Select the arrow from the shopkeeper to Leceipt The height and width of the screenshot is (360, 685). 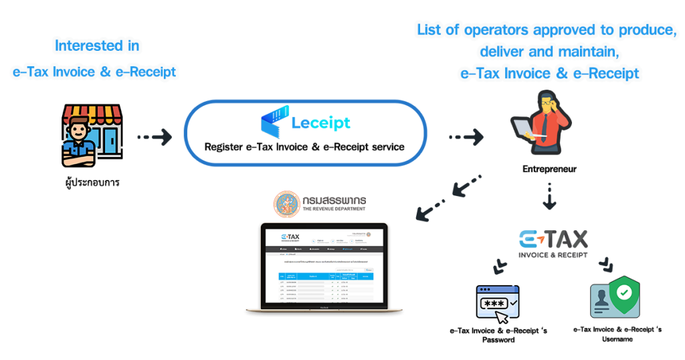tap(155, 137)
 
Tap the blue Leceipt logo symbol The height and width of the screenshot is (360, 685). tap(273, 122)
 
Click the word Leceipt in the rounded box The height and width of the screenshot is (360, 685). tap(321, 124)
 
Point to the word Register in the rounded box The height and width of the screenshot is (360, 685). tap(227, 146)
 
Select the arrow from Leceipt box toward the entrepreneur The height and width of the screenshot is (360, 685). tap(466, 137)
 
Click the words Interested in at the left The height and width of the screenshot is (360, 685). tap(97, 47)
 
